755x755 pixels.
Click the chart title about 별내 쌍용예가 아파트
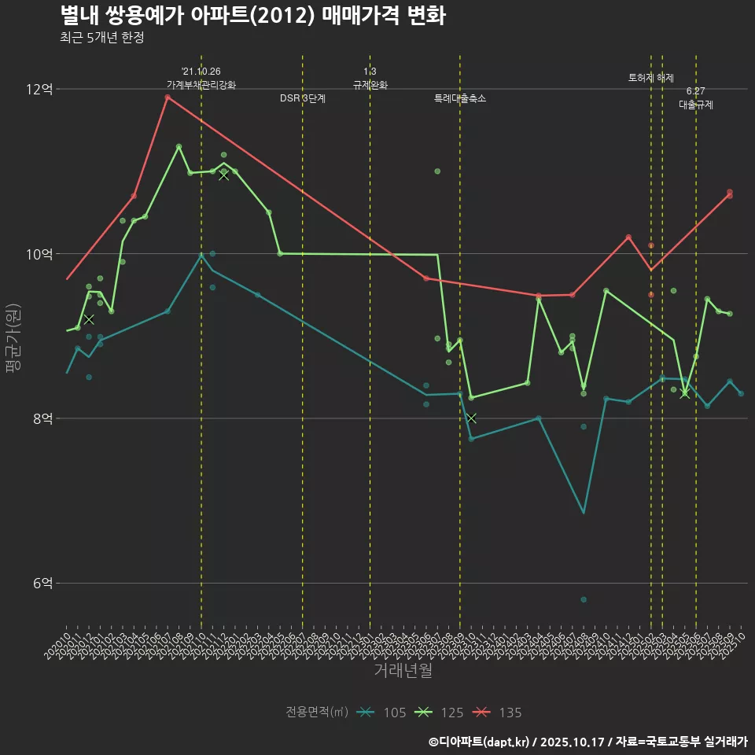(x=252, y=15)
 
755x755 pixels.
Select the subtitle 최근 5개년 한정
(x=101, y=38)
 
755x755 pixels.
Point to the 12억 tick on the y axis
(x=39, y=90)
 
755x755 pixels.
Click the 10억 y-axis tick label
(x=39, y=254)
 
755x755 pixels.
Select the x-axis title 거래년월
(x=403, y=671)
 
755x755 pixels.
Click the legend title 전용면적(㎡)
(x=317, y=713)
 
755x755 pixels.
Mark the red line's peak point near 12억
(x=168, y=98)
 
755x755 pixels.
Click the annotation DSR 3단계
(x=303, y=99)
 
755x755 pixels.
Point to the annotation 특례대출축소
(x=460, y=99)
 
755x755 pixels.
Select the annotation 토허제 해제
(x=651, y=78)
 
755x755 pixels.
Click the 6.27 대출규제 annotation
(x=696, y=98)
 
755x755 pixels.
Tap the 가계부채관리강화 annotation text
(x=201, y=85)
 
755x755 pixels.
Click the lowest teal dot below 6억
(x=584, y=599)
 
